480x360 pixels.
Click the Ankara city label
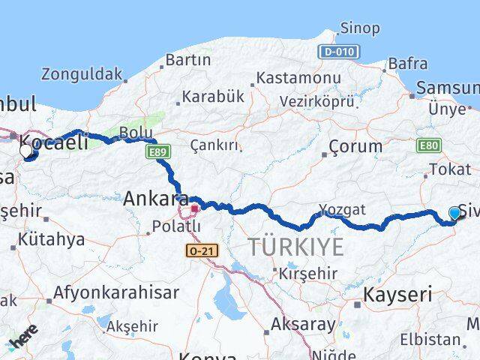point(155,199)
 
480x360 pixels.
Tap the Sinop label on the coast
point(359,28)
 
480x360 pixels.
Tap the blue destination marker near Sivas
point(454,214)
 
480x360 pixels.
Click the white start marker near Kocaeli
point(26,151)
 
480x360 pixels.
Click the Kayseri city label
point(397,295)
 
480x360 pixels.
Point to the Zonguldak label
point(82,74)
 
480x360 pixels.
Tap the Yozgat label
point(341,209)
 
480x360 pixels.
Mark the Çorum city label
point(355,148)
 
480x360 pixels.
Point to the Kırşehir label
point(307,274)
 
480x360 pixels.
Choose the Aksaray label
point(304,325)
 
